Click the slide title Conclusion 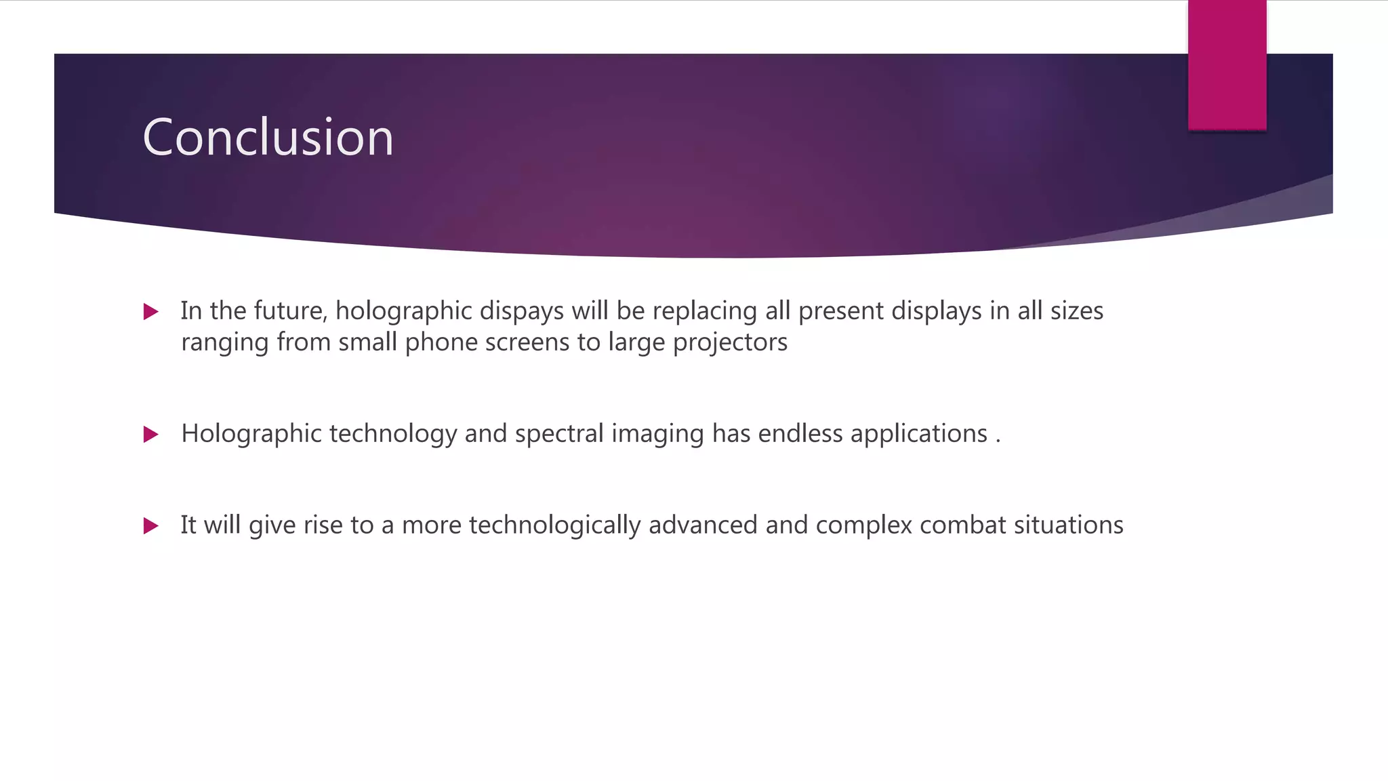click(x=268, y=137)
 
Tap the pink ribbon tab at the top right click(x=1227, y=65)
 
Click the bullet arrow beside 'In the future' click(x=151, y=312)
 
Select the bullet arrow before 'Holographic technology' click(x=151, y=435)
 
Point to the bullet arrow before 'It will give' click(x=151, y=526)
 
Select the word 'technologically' click(x=554, y=525)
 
